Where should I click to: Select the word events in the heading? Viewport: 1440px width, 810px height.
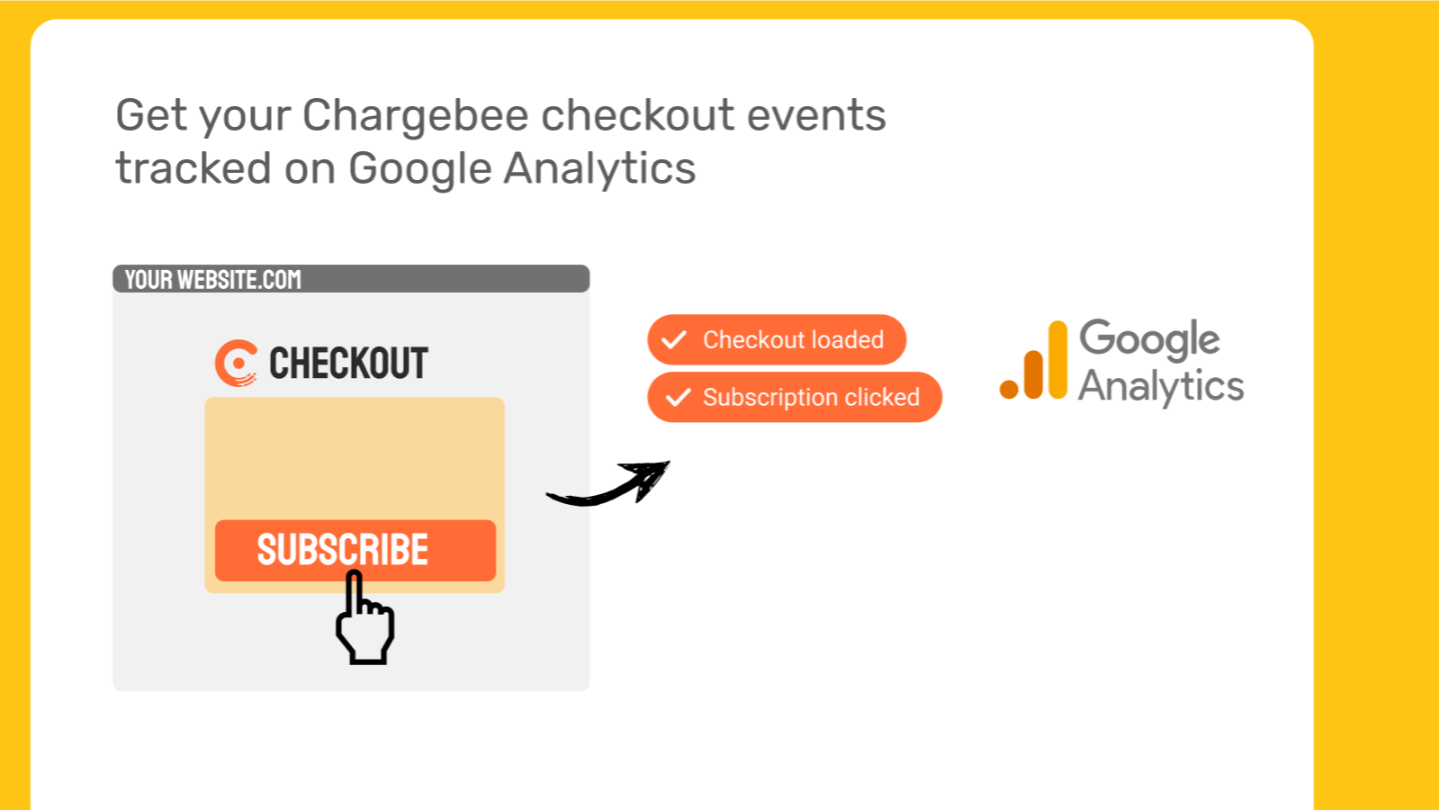tap(816, 116)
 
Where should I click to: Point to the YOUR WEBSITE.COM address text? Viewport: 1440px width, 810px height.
tap(212, 280)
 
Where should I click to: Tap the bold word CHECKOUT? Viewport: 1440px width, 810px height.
tap(348, 364)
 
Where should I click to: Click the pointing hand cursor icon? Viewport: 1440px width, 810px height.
tap(364, 618)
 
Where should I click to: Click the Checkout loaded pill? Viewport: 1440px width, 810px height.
tap(777, 339)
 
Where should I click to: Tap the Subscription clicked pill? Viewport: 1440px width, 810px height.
tap(795, 397)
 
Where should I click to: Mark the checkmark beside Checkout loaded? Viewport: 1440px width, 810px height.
tap(674, 339)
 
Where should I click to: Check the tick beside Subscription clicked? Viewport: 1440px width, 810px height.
tap(678, 397)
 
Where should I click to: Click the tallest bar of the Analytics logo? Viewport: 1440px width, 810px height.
tap(1058, 360)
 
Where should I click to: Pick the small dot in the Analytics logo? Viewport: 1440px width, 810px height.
tap(1009, 390)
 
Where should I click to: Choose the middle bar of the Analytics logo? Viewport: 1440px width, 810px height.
tap(1033, 374)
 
